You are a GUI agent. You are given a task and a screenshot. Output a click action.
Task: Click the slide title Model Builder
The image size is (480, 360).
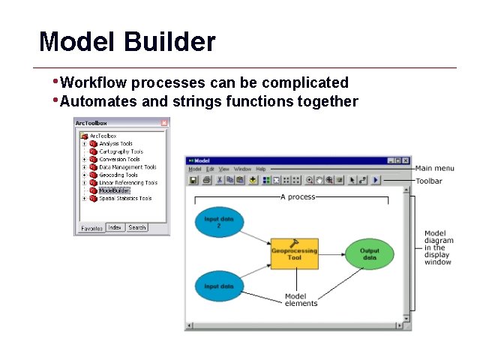click(x=127, y=41)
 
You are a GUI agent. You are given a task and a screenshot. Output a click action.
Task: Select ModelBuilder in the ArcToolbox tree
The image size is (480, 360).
click(x=114, y=190)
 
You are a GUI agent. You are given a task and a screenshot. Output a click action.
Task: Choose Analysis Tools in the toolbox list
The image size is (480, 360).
click(x=115, y=143)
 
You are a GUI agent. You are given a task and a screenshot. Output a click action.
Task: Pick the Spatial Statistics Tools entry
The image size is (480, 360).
click(x=125, y=199)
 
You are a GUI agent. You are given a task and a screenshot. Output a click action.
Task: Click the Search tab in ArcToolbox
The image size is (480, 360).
click(x=136, y=227)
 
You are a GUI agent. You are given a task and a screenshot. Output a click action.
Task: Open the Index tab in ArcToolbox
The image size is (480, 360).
click(x=115, y=227)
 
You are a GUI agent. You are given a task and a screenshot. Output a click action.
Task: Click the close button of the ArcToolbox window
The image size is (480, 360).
click(x=164, y=123)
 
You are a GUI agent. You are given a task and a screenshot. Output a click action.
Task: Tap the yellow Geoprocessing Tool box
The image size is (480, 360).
click(x=294, y=254)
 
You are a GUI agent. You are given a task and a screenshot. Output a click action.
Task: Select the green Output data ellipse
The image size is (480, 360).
click(x=369, y=254)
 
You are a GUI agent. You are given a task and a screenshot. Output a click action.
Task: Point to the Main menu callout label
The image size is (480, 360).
click(x=434, y=168)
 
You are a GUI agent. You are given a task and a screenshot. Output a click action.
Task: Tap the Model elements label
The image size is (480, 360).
click(x=301, y=300)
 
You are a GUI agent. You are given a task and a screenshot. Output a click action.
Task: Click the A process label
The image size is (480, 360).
click(x=297, y=197)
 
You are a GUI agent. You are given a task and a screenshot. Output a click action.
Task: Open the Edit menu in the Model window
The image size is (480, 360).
click(x=210, y=169)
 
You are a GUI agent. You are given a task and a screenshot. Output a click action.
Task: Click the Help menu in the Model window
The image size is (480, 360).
click(x=260, y=169)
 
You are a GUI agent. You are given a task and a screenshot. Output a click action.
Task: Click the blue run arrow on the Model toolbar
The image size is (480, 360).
click(x=376, y=180)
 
